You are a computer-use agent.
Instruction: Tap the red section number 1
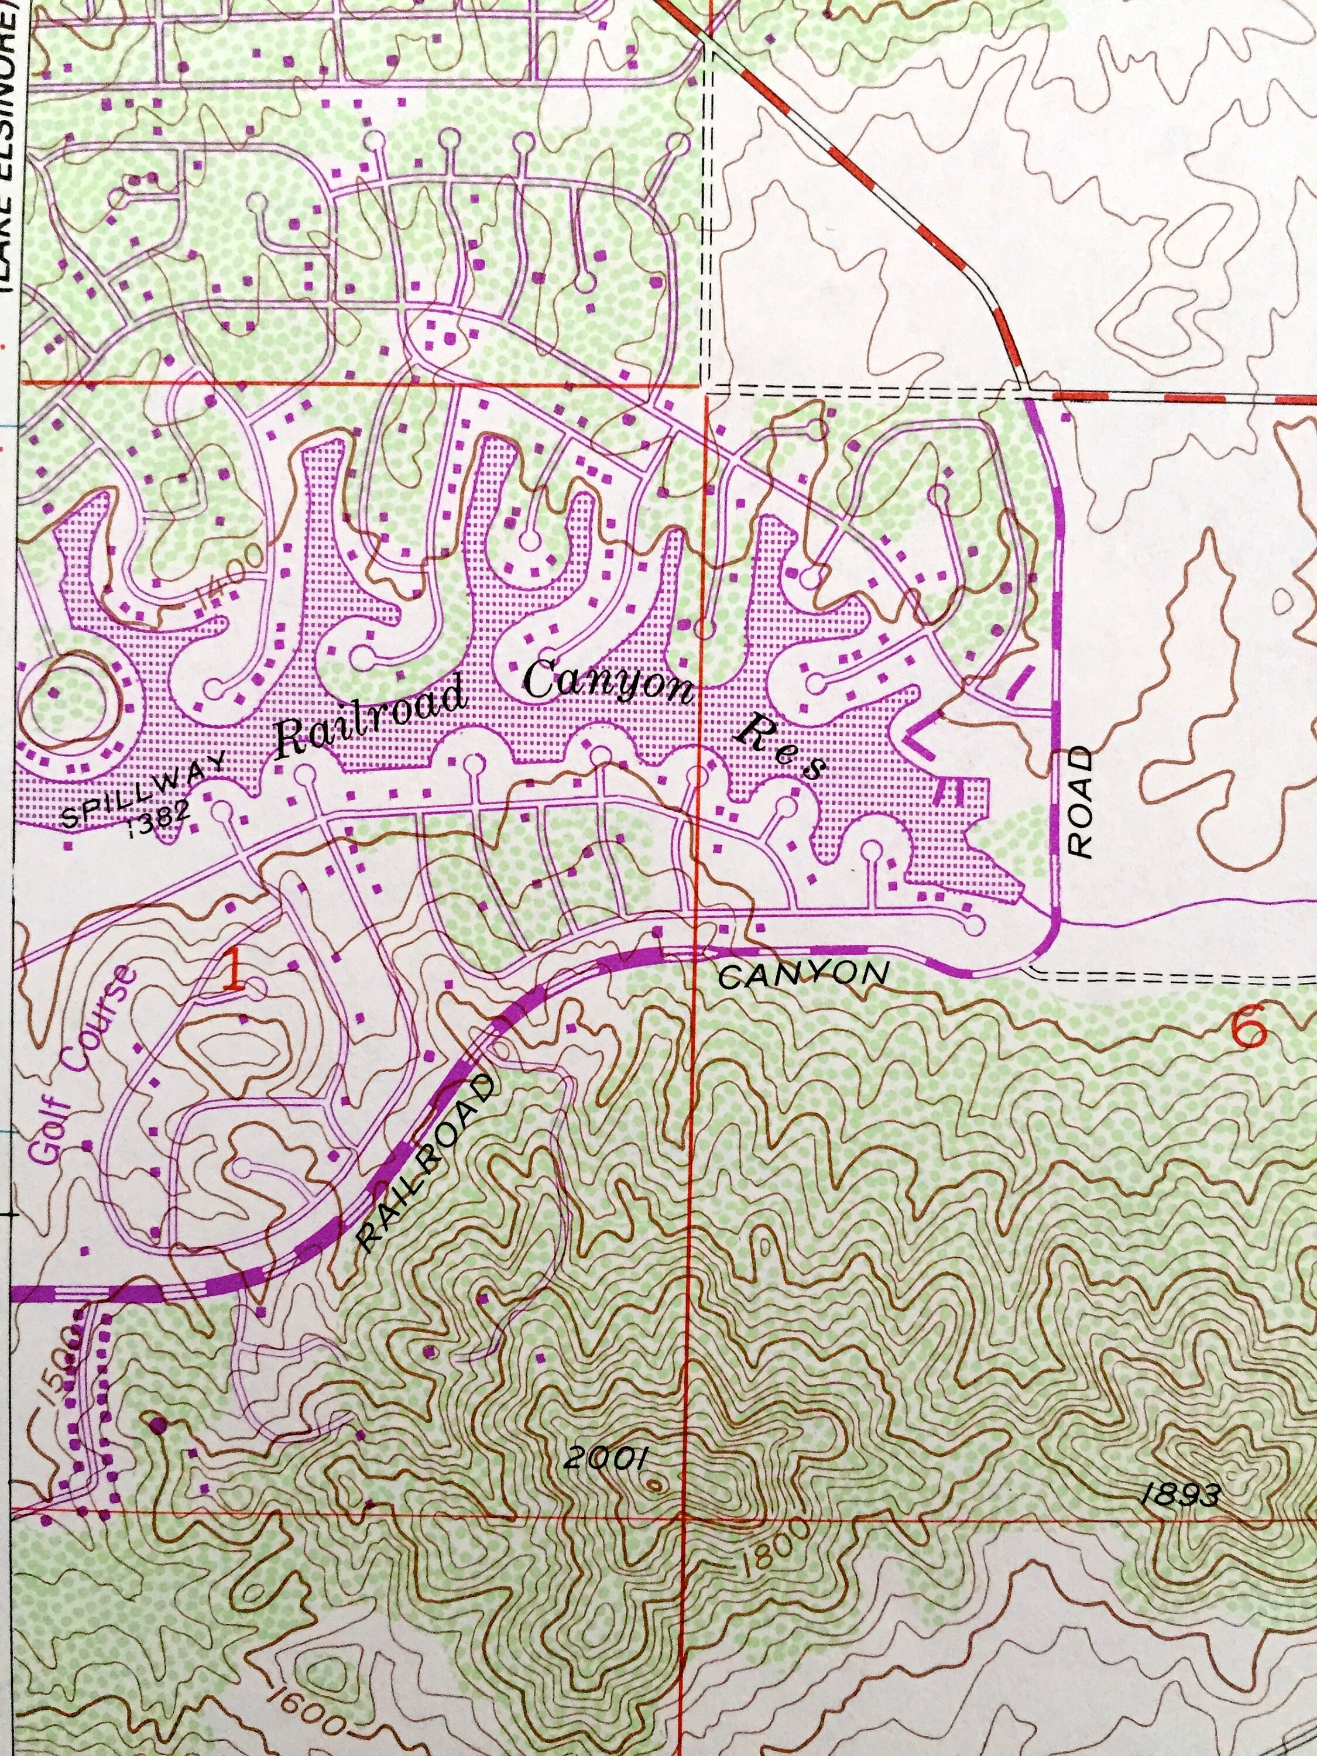click(x=232, y=972)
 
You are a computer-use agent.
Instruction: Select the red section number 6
click(x=1249, y=1030)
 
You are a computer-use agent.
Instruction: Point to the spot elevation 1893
click(x=1179, y=1495)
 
